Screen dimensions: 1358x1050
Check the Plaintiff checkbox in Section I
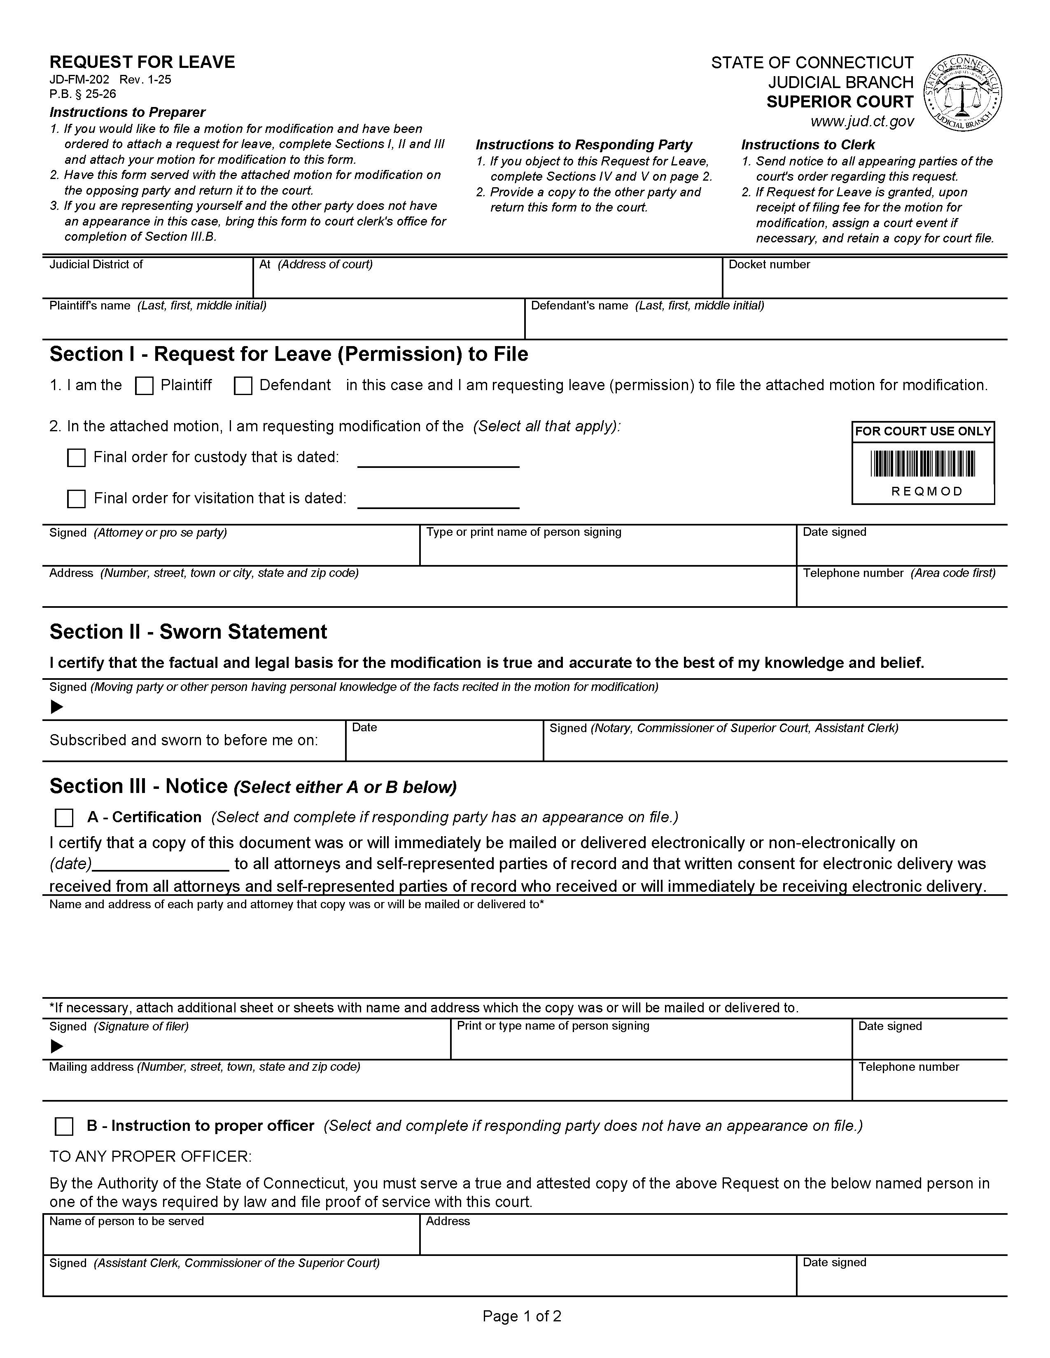pos(144,386)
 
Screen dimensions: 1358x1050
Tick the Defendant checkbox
pos(243,386)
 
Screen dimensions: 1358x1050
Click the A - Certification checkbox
pos(64,818)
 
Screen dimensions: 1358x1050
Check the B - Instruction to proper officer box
pos(64,1127)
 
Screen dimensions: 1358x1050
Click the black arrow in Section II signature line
pos(56,707)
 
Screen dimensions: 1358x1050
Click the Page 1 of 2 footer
pos(522,1316)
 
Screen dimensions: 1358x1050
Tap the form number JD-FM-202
pos(79,79)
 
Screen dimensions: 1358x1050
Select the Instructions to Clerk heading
pos(807,145)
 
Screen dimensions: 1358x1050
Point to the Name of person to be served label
pos(126,1221)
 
